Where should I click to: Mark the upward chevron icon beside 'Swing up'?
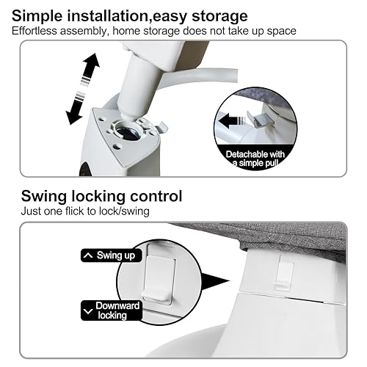click(x=88, y=256)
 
